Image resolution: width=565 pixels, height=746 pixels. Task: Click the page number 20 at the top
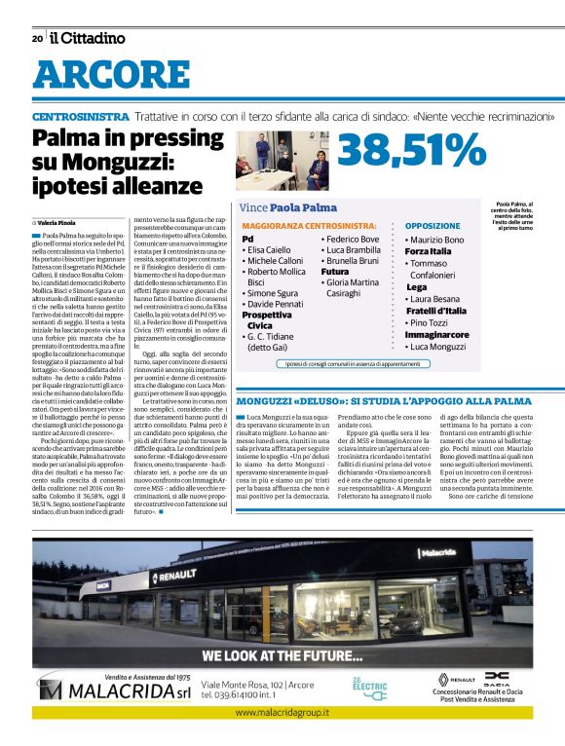tap(37, 39)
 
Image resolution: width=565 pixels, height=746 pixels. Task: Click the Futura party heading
tap(335, 272)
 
